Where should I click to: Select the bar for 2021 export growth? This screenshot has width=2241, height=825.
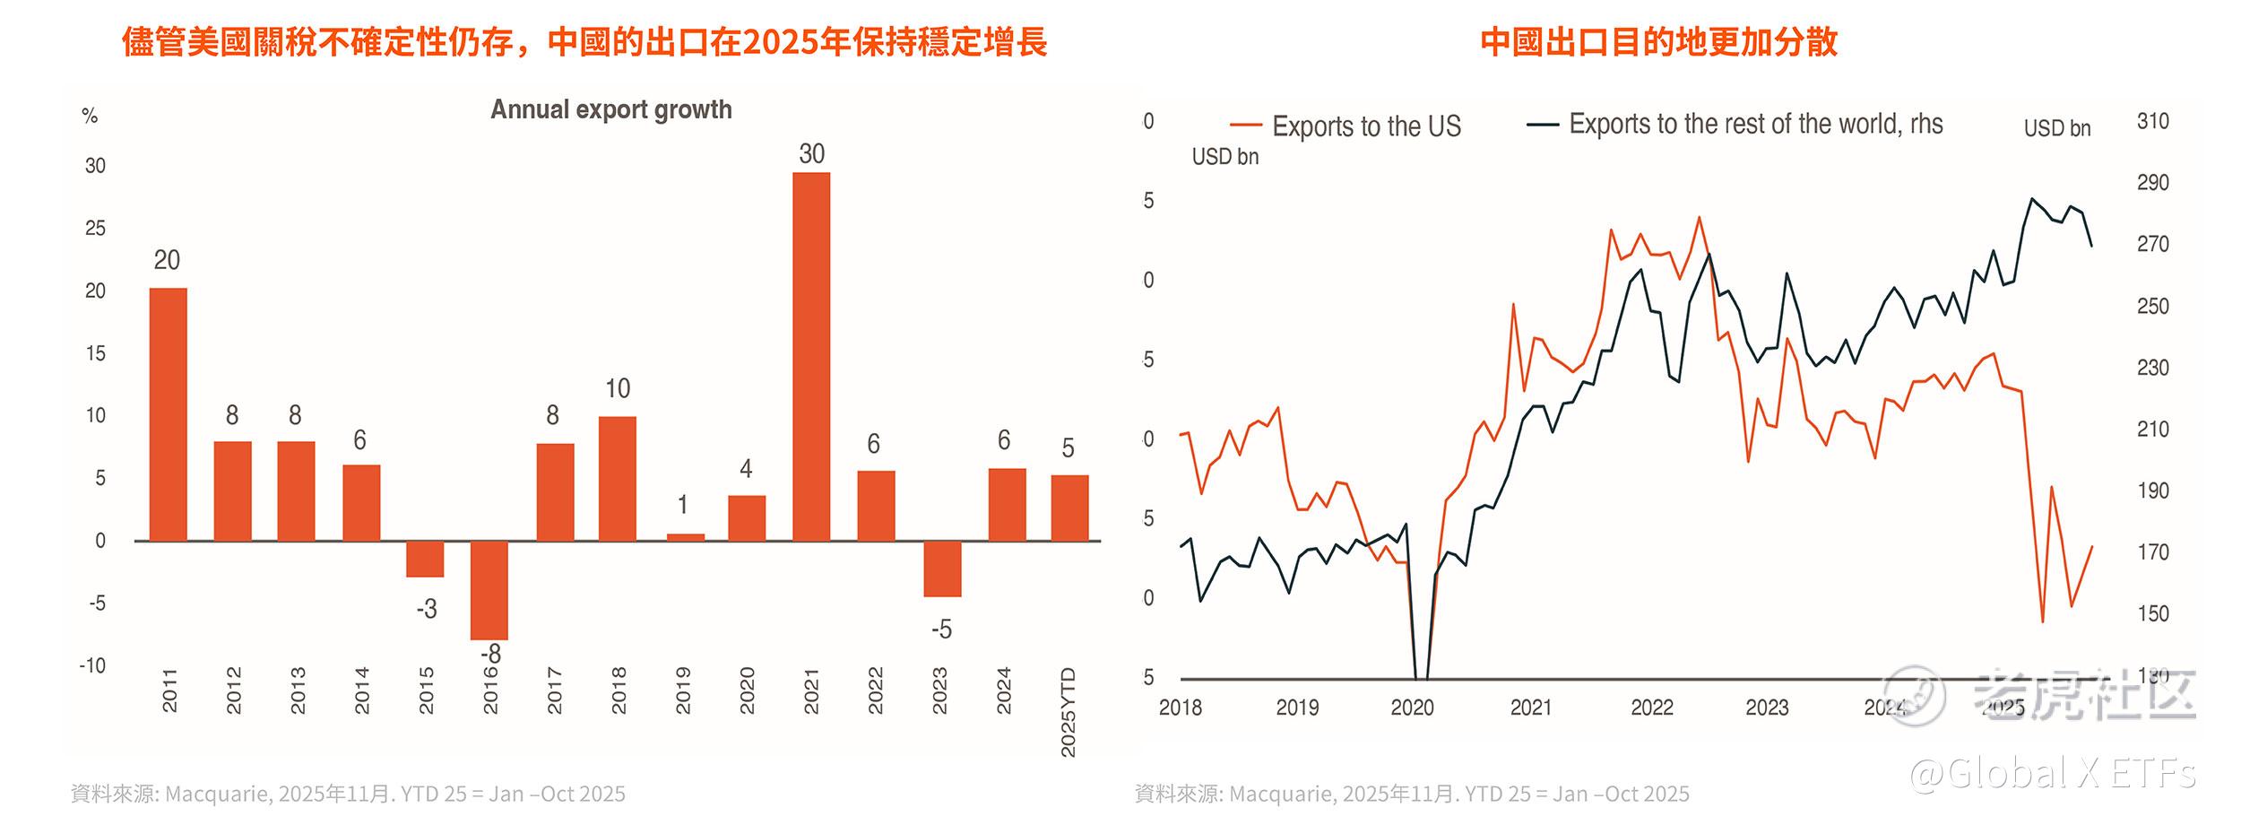pyautogui.click(x=811, y=356)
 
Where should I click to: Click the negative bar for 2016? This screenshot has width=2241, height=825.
pyautogui.click(x=489, y=590)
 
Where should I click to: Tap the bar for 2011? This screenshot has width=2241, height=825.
pyautogui.click(x=168, y=414)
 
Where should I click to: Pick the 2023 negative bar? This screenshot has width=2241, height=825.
pyautogui.click(x=942, y=569)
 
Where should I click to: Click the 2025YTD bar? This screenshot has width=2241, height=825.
pyautogui.click(x=1069, y=508)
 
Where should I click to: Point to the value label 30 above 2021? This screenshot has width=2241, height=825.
pyautogui.click(x=811, y=154)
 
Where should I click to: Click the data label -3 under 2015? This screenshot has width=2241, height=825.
pyautogui.click(x=427, y=609)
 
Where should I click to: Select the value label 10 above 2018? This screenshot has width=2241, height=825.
pyautogui.click(x=618, y=388)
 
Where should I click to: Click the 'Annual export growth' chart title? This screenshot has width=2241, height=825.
pyautogui.click(x=610, y=109)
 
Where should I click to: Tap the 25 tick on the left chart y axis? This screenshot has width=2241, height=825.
pyautogui.click(x=95, y=229)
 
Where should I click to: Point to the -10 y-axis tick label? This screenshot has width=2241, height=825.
pyautogui.click(x=92, y=665)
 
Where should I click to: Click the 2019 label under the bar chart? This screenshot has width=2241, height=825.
pyautogui.click(x=683, y=690)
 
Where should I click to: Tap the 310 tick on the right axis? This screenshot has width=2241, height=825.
pyautogui.click(x=2152, y=121)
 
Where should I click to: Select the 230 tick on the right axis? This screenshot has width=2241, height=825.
pyautogui.click(x=2152, y=368)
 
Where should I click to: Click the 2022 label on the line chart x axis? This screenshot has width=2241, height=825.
pyautogui.click(x=1651, y=708)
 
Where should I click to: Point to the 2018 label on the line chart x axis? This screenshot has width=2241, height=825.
pyautogui.click(x=1180, y=708)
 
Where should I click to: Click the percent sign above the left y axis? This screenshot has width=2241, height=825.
pyautogui.click(x=90, y=116)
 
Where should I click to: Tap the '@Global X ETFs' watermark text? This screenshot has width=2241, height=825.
pyautogui.click(x=2052, y=773)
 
